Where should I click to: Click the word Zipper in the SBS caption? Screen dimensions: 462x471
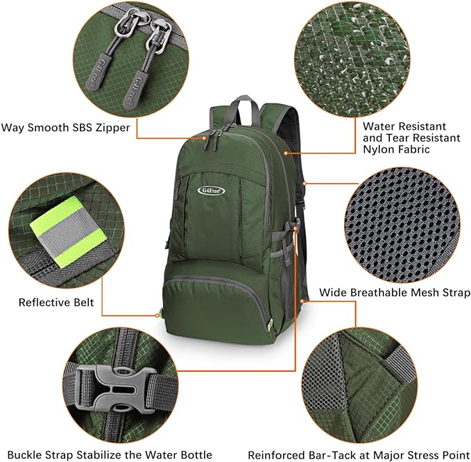(111, 128)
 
